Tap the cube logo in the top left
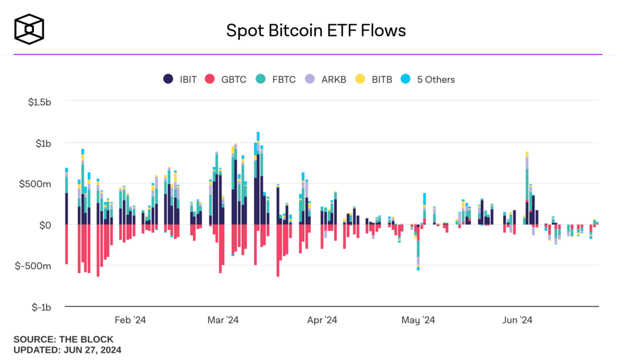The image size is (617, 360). click(30, 29)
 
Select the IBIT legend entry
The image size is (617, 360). click(180, 79)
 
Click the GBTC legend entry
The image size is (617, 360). click(226, 79)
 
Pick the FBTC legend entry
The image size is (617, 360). click(275, 79)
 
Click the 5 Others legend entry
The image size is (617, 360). click(428, 79)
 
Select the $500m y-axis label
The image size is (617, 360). click(38, 184)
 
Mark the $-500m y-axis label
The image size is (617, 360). click(36, 266)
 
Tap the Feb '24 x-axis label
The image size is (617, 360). click(130, 320)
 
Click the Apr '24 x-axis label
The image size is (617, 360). click(322, 320)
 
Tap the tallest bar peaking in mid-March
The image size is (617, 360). click(258, 181)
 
